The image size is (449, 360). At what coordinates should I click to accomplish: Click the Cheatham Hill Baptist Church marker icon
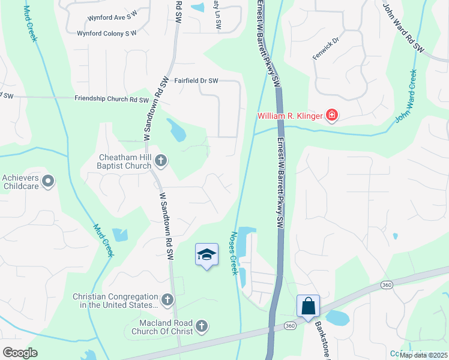pyautogui.click(x=160, y=160)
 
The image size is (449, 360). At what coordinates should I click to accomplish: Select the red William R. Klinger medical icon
pyautogui.click(x=331, y=115)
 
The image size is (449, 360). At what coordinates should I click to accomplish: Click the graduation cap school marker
pyautogui.click(x=206, y=255)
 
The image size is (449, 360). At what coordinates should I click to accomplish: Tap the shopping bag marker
pyautogui.click(x=308, y=306)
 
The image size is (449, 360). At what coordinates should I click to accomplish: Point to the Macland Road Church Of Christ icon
pyautogui.click(x=202, y=326)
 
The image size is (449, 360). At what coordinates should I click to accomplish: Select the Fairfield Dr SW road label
pyautogui.click(x=196, y=80)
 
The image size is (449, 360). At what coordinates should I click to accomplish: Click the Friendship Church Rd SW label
pyautogui.click(x=111, y=99)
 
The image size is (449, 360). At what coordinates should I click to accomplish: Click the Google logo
pyautogui.click(x=20, y=353)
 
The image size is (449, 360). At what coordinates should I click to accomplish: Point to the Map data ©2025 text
pyautogui.click(x=423, y=355)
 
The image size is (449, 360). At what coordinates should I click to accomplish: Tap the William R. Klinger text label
pyautogui.click(x=290, y=116)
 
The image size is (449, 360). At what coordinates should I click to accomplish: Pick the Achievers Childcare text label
pyautogui.click(x=20, y=182)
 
